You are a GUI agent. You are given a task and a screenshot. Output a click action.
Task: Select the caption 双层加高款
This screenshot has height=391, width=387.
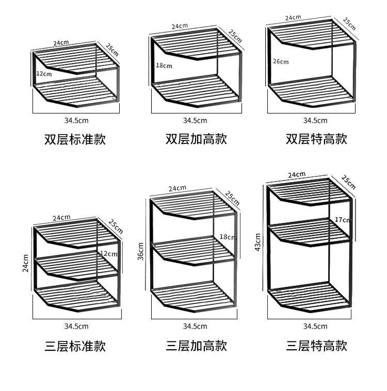[196, 139]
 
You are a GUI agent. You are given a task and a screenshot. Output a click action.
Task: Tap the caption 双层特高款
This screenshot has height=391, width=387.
[317, 139]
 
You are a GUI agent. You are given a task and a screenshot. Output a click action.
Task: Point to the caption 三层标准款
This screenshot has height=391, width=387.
[75, 346]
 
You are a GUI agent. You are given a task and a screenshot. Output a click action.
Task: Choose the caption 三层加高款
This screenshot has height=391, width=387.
[196, 346]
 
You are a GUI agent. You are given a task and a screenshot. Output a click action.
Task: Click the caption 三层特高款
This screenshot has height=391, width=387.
[317, 346]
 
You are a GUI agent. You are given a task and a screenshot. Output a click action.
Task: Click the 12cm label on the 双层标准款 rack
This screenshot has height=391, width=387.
[44, 74]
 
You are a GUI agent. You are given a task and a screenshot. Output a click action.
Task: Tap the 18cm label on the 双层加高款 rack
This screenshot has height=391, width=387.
[164, 66]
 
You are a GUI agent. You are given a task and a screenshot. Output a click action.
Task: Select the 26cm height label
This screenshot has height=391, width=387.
[281, 62]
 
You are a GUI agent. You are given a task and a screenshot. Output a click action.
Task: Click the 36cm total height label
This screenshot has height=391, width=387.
[140, 251]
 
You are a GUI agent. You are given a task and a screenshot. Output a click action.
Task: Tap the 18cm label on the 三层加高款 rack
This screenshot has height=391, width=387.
[228, 237]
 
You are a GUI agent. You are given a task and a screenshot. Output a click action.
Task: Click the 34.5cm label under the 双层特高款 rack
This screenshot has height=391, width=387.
[315, 121]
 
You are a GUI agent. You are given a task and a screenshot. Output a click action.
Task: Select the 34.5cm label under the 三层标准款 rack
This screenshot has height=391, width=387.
[76, 326]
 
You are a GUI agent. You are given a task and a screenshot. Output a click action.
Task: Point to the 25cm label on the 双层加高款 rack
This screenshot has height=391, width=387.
[235, 36]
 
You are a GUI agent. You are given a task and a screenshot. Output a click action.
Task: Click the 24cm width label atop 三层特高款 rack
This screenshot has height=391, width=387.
[297, 175]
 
